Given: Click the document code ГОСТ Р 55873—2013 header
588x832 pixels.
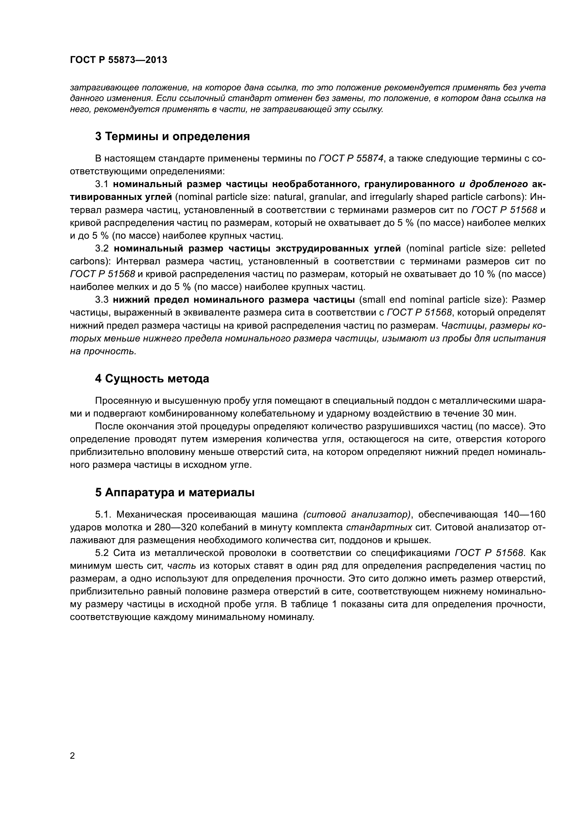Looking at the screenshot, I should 118,60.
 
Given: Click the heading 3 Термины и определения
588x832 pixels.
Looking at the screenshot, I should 172,137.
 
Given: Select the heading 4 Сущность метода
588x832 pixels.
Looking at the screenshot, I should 152,379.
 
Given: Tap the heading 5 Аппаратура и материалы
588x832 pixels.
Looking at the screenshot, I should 175,492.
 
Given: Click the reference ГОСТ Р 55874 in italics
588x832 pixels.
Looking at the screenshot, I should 351,158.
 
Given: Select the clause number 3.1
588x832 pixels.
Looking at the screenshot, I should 102,184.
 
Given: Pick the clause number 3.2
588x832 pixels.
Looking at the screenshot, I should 102,248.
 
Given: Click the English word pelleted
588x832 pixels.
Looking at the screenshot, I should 528,248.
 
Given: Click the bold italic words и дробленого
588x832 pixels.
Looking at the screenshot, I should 493,184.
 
